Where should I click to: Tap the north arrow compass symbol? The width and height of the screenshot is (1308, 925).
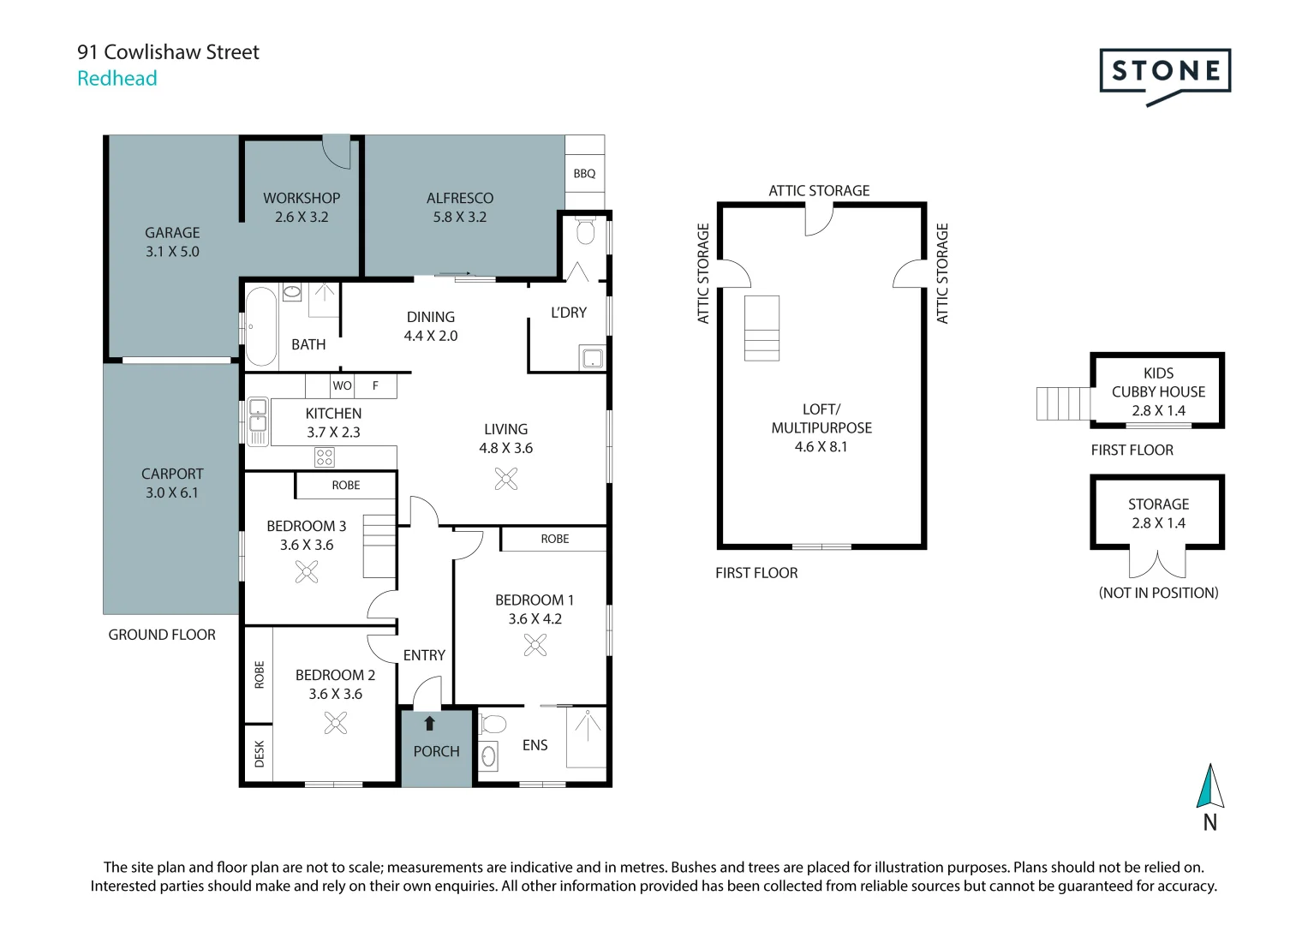pos(1209,787)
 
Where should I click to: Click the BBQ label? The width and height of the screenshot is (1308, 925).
pos(584,173)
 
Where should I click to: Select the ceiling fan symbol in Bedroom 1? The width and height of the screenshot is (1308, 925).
pos(535,645)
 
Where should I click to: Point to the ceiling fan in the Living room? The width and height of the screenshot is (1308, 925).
pos(506,479)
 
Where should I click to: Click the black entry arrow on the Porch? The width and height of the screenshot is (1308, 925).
pos(430,724)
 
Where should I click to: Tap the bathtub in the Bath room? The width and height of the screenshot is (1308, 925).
pos(261,326)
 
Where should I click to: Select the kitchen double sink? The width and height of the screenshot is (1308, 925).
pos(258,422)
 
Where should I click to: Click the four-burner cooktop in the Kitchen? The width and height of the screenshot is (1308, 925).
pos(324,457)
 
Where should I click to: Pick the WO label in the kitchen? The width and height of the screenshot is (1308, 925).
pos(342,385)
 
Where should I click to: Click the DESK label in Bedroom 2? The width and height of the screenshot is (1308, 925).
pos(260,754)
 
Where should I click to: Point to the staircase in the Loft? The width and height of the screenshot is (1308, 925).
pos(762,328)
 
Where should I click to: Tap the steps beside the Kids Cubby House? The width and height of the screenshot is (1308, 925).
pos(1063,403)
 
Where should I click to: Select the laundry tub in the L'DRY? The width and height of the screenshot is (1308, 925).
pos(593,358)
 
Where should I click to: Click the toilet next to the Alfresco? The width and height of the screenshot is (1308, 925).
pos(586,231)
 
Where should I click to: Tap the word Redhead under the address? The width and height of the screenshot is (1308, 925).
pos(117,78)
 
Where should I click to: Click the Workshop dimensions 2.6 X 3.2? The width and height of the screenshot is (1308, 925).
pos(302,217)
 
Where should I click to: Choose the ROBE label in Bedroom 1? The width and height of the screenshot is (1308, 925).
pos(555,539)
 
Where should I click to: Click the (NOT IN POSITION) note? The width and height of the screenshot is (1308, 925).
pos(1158,593)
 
